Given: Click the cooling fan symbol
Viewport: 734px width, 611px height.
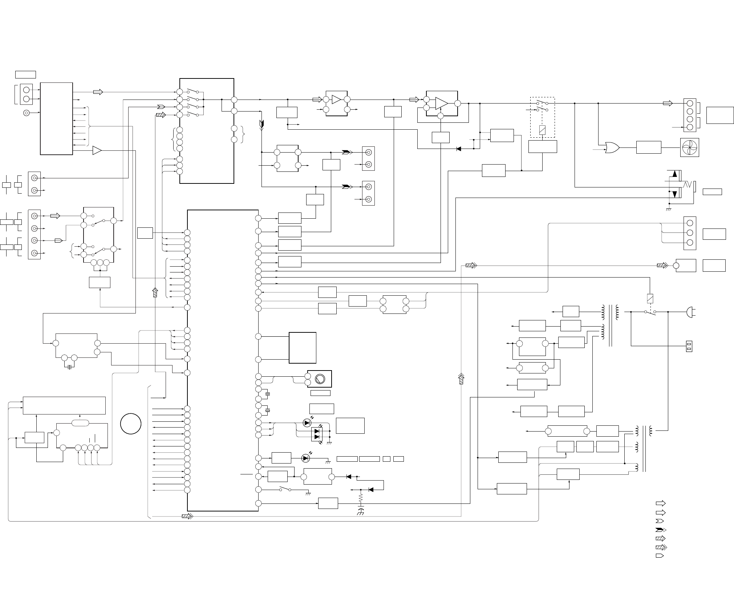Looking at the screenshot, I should [689, 147].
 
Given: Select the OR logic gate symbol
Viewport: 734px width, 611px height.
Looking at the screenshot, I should [612, 148].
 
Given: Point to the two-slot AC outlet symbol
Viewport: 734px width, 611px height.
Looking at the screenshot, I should [689, 346].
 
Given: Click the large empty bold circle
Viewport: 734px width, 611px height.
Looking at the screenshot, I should [131, 424].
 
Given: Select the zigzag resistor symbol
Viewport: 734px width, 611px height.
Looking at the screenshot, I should [361, 497].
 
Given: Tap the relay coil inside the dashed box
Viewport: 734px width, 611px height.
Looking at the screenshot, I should [542, 129].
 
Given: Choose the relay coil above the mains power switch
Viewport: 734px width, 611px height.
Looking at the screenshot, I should [650, 298].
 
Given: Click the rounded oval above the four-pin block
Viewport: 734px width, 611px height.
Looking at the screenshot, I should [80, 423].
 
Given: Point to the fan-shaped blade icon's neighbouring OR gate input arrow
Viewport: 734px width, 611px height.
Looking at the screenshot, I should [597, 149].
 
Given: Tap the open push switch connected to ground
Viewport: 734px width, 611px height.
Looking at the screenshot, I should [285, 490].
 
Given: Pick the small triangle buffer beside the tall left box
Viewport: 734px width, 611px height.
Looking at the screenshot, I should [97, 150].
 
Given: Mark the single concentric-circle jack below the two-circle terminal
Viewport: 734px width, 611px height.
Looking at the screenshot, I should [26, 113].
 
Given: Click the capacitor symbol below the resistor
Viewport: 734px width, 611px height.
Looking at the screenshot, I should [361, 508].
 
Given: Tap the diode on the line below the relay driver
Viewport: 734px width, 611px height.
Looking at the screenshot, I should [459, 149].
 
